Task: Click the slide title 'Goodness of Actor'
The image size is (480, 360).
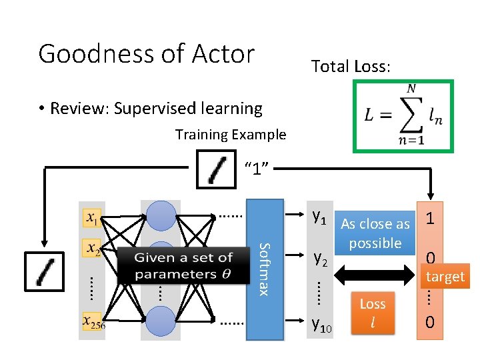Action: (x=147, y=53)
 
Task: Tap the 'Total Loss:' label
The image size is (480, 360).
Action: (x=352, y=66)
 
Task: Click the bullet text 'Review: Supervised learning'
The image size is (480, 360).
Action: (x=156, y=108)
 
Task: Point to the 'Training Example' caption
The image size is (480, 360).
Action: (x=231, y=135)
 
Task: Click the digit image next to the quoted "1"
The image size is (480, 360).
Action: (x=217, y=169)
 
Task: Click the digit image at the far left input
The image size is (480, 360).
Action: (x=44, y=271)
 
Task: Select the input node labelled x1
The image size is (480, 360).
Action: (x=94, y=217)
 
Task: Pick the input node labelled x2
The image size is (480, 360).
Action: (x=94, y=248)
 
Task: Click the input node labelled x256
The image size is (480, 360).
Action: (x=94, y=322)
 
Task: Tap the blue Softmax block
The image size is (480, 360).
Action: (x=265, y=269)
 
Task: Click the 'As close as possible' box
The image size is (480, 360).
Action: (x=375, y=233)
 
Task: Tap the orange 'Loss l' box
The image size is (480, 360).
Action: (x=373, y=313)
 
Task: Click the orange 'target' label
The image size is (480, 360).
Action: (x=445, y=277)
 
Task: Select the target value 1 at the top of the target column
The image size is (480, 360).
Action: (x=431, y=218)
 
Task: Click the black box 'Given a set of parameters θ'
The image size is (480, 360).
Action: (x=183, y=265)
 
